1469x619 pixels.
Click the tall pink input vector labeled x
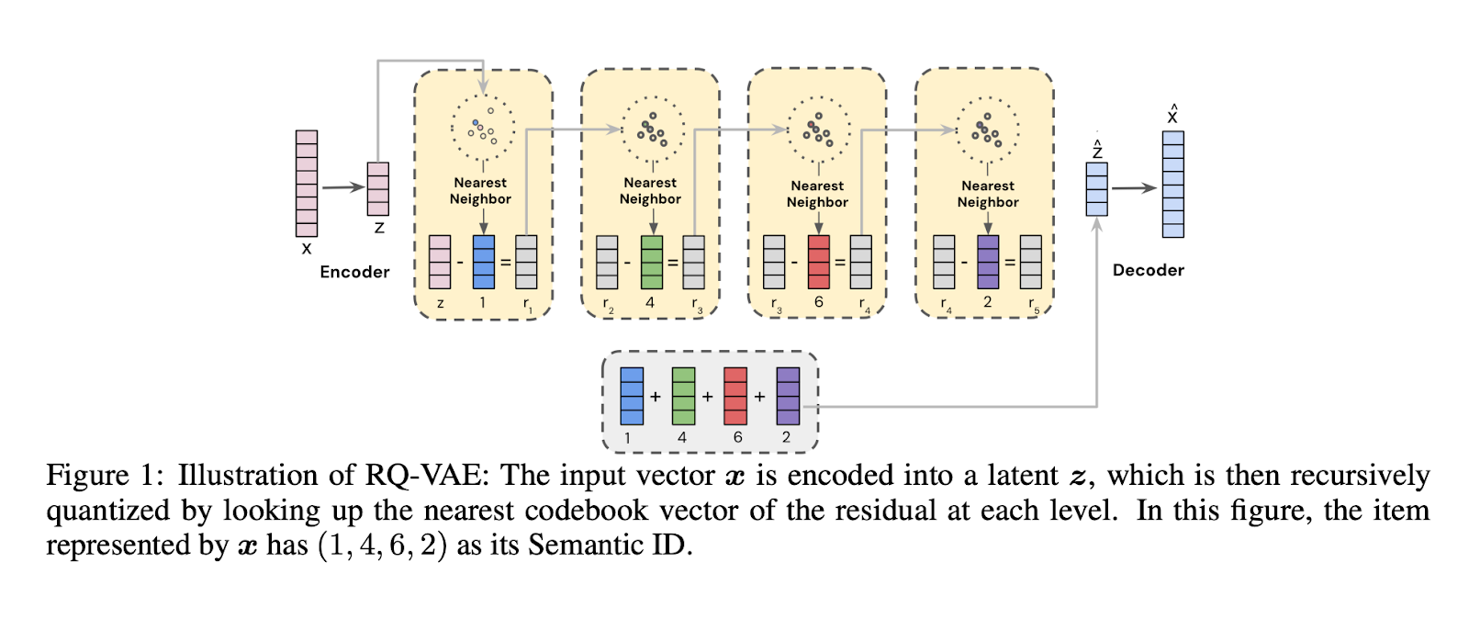point(306,184)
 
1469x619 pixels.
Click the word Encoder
point(354,272)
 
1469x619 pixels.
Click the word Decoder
point(1148,270)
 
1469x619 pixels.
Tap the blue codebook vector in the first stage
point(483,262)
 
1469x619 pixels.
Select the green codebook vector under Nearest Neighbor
point(651,262)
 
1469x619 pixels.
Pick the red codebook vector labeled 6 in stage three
point(818,262)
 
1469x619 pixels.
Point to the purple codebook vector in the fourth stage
point(988,262)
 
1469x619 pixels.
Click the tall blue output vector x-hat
point(1172,185)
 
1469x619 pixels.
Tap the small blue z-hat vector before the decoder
point(1096,189)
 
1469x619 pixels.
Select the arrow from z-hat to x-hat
point(1134,188)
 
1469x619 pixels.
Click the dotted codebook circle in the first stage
point(483,128)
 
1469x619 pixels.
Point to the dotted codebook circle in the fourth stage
point(988,129)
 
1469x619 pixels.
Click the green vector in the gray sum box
point(683,396)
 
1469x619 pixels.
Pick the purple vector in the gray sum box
point(788,396)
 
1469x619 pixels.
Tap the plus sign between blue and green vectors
point(656,397)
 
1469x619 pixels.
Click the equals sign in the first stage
point(505,263)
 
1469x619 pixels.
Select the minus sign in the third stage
point(795,263)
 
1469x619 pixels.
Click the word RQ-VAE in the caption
point(422,476)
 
